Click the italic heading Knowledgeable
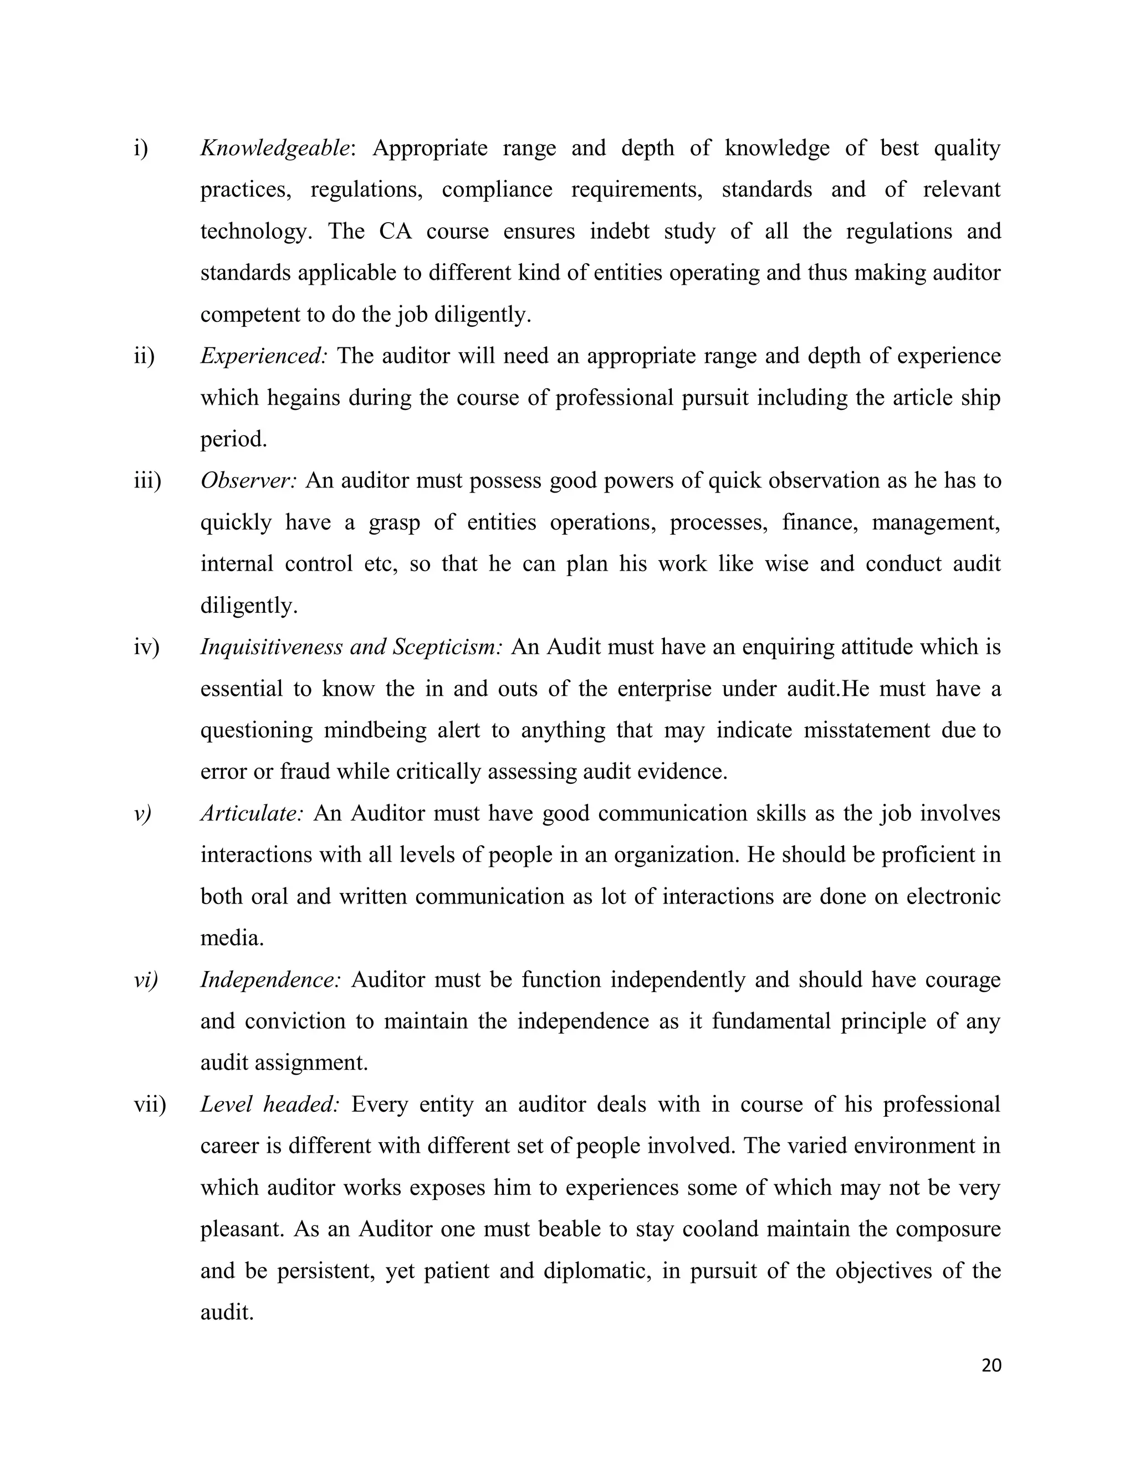coord(275,148)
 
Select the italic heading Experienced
coord(263,356)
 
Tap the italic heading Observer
coord(247,481)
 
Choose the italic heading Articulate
coord(252,813)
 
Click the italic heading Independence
coord(270,979)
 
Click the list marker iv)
coord(146,647)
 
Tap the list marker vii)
coord(149,1105)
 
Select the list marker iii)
coord(147,481)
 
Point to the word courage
coord(962,979)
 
